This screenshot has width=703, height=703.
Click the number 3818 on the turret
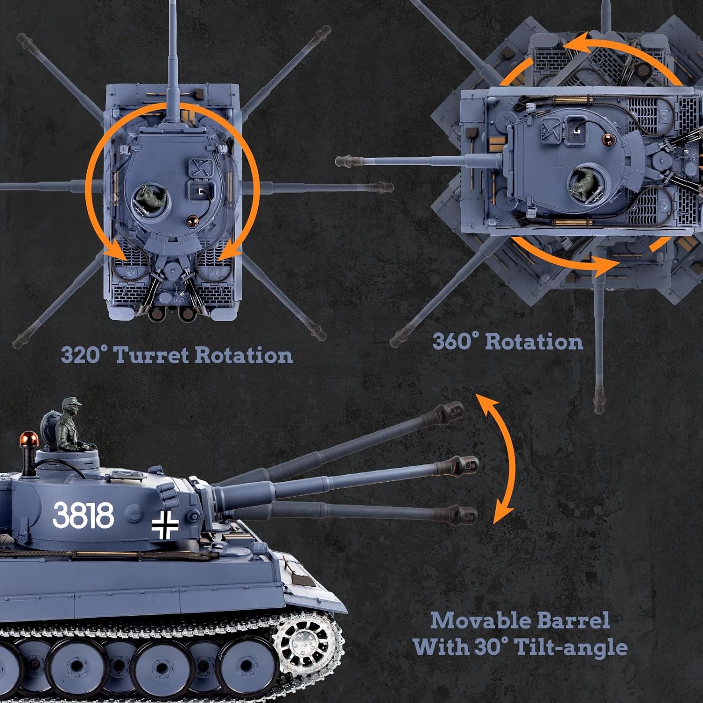[83, 515]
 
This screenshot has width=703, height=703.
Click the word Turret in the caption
[151, 355]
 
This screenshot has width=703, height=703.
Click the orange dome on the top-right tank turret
[609, 138]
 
